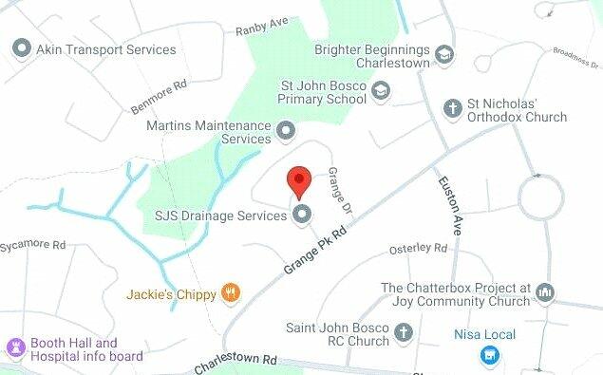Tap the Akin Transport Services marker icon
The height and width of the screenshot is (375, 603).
click(21, 49)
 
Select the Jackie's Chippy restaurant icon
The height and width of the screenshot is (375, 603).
click(229, 293)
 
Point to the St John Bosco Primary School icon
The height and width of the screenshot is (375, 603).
click(381, 90)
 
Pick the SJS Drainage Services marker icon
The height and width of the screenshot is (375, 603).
click(302, 215)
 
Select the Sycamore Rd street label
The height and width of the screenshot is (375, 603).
click(34, 245)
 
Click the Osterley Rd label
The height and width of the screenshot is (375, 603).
click(418, 249)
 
